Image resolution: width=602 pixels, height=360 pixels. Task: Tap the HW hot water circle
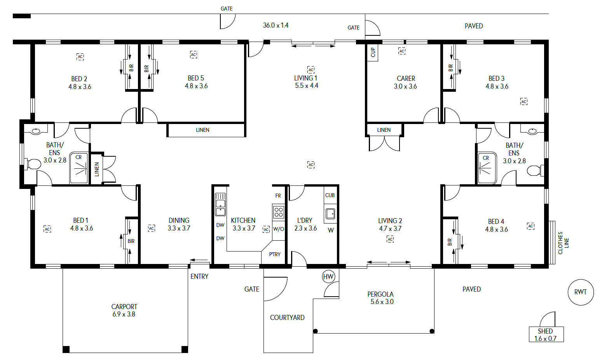(x=328, y=276)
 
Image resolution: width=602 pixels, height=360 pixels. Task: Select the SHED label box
(x=546, y=334)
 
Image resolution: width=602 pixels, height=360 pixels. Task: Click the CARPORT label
(x=124, y=306)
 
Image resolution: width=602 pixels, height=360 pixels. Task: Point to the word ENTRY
(x=199, y=276)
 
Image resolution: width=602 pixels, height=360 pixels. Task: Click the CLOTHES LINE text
(x=563, y=243)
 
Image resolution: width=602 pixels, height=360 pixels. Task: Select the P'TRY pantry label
(x=275, y=254)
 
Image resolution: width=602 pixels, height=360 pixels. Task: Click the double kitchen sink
(x=220, y=204)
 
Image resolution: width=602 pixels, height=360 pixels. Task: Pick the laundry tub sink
(x=330, y=214)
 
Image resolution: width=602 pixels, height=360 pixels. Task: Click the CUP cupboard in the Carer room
(x=372, y=52)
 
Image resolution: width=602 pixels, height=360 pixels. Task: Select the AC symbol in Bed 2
(x=80, y=57)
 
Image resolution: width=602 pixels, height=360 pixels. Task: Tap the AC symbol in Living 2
(x=390, y=239)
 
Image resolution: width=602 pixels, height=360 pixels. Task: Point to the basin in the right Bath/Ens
(x=532, y=131)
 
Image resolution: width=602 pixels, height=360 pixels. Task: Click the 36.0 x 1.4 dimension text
(x=276, y=25)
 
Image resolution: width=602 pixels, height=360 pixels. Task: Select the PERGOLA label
(x=380, y=294)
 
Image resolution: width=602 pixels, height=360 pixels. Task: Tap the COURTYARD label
(x=287, y=318)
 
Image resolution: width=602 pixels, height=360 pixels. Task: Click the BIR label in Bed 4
(x=450, y=242)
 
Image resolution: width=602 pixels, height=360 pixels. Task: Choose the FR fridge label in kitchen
(x=278, y=196)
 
